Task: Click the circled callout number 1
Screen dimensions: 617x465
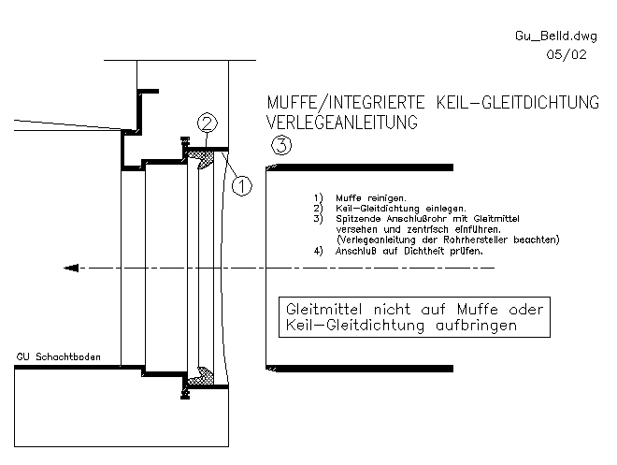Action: coord(241,186)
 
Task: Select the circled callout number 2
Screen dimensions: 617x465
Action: coord(208,123)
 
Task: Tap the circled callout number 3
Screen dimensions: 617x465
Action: coord(281,145)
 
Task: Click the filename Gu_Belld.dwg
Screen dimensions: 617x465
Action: coord(556,36)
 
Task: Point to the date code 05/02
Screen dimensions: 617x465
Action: coord(567,54)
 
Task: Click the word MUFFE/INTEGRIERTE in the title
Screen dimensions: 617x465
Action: coord(346,103)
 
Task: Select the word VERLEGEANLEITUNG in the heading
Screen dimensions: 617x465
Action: coord(342,122)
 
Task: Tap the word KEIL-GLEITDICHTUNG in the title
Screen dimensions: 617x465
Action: coord(518,102)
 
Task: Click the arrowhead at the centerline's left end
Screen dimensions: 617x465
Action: coord(71,269)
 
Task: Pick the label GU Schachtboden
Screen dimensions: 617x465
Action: coord(58,357)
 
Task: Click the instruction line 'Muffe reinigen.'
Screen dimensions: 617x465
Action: coord(371,198)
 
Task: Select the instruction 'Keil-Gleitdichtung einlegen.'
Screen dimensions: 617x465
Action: coord(400,209)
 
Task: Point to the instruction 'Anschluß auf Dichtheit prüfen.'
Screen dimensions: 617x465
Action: coord(409,251)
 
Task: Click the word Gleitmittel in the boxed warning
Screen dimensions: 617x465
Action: coord(323,310)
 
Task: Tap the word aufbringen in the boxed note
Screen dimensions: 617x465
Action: coord(476,326)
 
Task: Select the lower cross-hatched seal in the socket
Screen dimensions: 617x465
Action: coord(202,376)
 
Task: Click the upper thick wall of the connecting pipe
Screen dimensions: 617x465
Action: coord(360,167)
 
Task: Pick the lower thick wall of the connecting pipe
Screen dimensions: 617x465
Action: coord(360,369)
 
